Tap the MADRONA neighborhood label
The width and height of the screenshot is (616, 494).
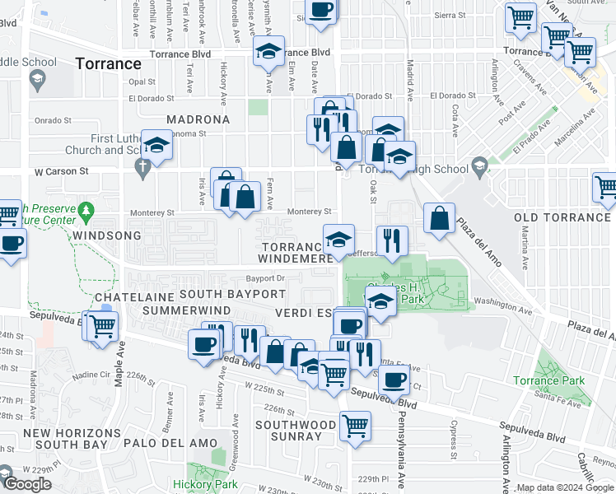click(x=198, y=119)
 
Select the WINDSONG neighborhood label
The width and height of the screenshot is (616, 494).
click(x=102, y=235)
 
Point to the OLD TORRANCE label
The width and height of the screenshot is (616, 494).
click(x=562, y=217)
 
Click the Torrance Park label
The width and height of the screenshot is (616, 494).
click(x=548, y=380)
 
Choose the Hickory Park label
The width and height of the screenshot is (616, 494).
click(x=205, y=485)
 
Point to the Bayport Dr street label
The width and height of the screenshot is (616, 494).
click(x=264, y=278)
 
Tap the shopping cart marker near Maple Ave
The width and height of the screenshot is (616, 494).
click(x=102, y=327)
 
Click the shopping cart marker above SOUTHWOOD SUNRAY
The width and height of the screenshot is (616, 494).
click(x=355, y=426)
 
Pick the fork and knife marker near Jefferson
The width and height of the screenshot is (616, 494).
click(x=392, y=240)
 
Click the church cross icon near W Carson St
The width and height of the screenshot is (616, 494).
click(x=142, y=168)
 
